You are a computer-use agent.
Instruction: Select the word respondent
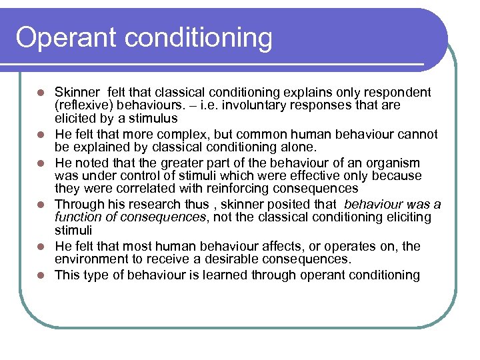[399, 92]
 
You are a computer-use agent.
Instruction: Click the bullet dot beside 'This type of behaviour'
[41, 275]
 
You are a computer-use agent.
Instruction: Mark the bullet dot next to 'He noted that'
[41, 163]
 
